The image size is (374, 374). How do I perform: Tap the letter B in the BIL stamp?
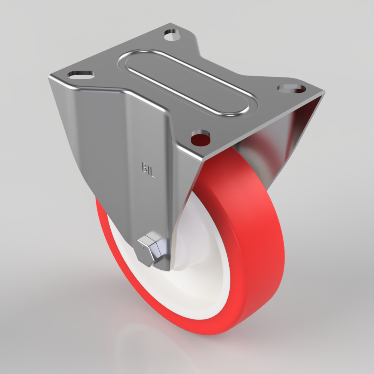(144, 166)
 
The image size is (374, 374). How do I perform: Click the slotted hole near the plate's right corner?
(292, 89)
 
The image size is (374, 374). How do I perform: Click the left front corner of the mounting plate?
(50, 77)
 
